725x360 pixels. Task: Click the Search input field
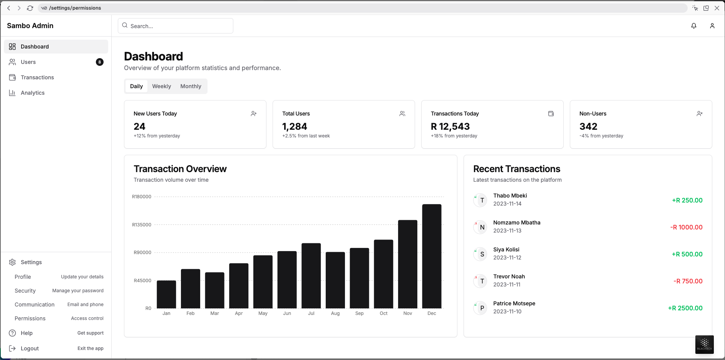click(x=176, y=26)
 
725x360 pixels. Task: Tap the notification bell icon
click(x=693, y=26)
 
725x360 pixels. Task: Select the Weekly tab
click(x=161, y=86)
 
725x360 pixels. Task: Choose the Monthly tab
click(x=191, y=86)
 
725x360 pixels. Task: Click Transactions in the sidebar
click(x=37, y=77)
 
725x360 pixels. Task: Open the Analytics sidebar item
click(x=33, y=93)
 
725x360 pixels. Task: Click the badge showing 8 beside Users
click(x=100, y=62)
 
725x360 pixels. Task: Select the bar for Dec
click(x=432, y=256)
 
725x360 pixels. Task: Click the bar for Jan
click(x=166, y=294)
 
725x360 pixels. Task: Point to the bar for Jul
click(x=311, y=275)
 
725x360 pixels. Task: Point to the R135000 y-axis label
click(x=142, y=224)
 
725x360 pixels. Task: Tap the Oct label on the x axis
click(x=383, y=313)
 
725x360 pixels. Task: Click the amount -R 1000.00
click(x=686, y=227)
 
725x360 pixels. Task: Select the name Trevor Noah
click(x=509, y=276)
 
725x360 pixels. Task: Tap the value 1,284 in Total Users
click(x=295, y=126)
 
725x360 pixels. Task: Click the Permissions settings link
click(x=30, y=318)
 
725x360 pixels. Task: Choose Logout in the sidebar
click(x=30, y=348)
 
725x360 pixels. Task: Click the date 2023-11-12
click(x=507, y=258)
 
